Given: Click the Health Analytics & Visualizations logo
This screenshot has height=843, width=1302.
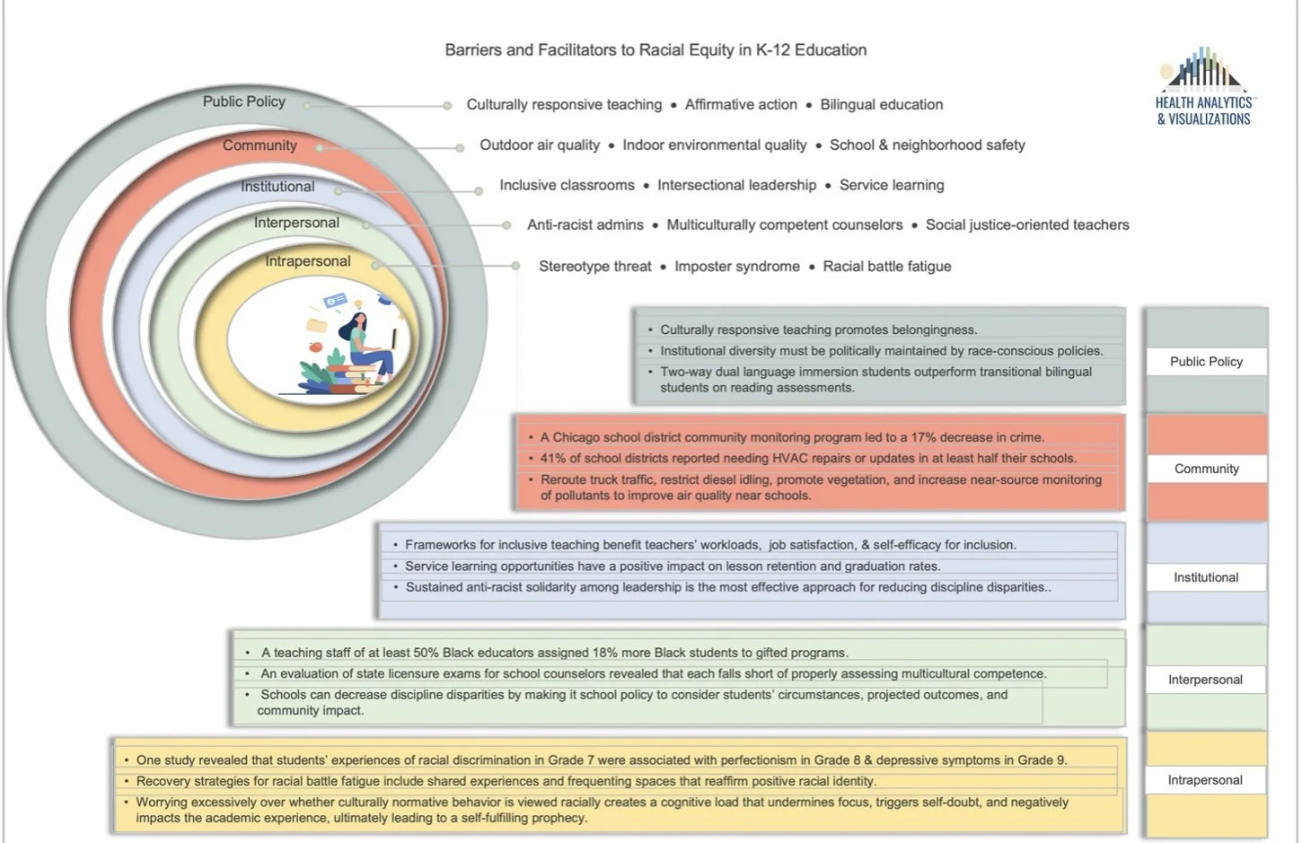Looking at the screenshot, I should click(1203, 87).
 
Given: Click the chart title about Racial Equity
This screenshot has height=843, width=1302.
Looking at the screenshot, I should click(655, 50).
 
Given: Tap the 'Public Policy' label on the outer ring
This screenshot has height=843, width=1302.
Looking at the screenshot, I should click(243, 101).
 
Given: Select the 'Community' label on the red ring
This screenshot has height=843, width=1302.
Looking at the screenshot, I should click(260, 145).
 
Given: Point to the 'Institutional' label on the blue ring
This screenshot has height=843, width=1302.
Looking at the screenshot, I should click(277, 187).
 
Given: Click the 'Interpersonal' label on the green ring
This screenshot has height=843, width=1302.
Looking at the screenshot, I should click(296, 223).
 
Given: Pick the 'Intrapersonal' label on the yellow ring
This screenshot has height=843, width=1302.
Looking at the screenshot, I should click(308, 261).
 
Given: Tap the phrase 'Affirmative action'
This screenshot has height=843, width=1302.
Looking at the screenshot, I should click(741, 105).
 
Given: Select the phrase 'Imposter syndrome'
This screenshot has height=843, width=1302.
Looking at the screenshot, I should click(737, 267).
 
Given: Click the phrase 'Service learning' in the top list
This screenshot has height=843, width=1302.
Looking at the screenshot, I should click(892, 186).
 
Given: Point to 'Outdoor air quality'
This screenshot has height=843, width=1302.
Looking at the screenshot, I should click(540, 145).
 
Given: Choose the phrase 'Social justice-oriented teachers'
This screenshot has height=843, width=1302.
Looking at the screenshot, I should click(1027, 225).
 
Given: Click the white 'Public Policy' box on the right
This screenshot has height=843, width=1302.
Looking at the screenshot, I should click(1206, 362).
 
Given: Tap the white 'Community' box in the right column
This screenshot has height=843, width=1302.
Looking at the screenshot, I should click(1206, 469).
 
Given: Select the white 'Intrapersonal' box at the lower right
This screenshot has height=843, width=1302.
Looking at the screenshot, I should click(1205, 780).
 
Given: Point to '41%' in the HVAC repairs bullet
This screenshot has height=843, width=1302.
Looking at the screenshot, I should click(554, 459).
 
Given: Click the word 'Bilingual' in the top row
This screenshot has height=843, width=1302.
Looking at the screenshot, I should click(848, 105).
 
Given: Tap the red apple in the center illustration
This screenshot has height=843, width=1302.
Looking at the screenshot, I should click(315, 347).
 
